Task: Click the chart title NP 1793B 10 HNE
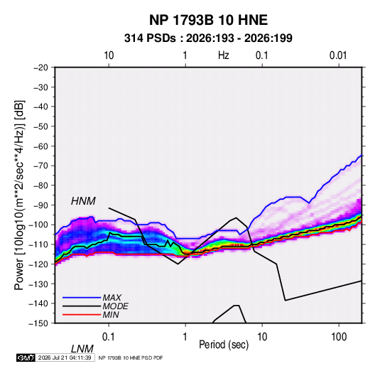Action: [208, 20]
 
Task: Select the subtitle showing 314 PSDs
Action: [208, 38]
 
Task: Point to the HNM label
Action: [83, 201]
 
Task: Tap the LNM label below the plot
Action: [82, 349]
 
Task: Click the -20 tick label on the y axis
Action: [40, 68]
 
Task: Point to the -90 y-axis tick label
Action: [40, 205]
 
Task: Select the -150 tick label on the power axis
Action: [38, 323]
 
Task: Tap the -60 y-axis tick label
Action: [40, 146]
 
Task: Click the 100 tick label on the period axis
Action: [339, 337]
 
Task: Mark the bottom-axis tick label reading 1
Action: [185, 337]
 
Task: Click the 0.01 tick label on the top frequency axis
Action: [338, 55]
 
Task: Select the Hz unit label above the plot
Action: [224, 55]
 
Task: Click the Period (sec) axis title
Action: [224, 345]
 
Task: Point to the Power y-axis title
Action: [19, 195]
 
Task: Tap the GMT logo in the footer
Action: [26, 358]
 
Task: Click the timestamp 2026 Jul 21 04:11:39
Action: [65, 358]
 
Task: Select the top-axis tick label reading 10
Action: [109, 55]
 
